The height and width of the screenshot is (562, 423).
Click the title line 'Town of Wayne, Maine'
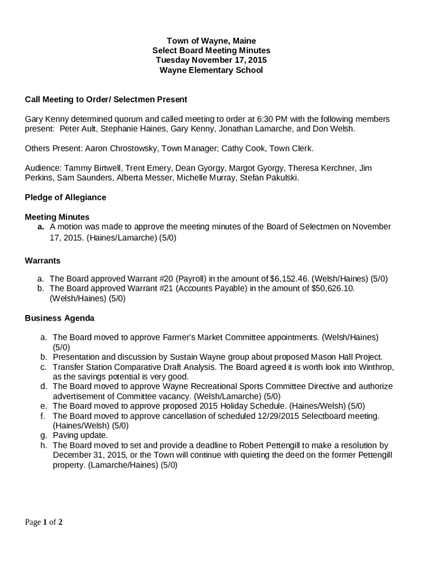coord(211,41)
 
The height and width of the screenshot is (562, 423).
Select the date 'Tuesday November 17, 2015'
coord(211,60)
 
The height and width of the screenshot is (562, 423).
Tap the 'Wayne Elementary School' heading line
coord(211,70)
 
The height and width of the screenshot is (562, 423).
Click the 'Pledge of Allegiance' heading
coord(65,197)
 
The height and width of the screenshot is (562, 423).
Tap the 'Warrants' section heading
coord(43,260)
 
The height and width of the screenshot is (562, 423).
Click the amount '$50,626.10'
coord(332,288)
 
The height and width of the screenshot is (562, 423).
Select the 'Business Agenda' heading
coord(60,318)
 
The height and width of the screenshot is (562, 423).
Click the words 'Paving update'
coord(80,435)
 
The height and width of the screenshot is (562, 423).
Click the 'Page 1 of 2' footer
coord(43,522)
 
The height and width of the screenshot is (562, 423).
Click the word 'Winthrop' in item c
coord(376,367)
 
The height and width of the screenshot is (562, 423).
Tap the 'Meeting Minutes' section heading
coord(57,217)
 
